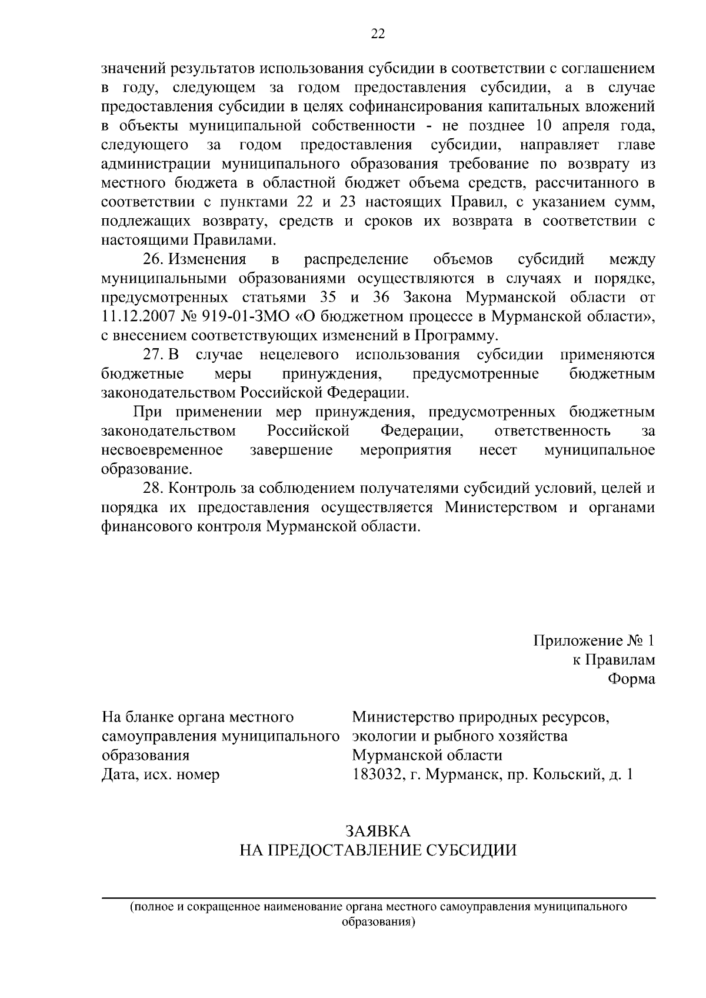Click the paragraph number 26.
pyautogui.click(x=154, y=259)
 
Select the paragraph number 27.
pyautogui.click(x=154, y=355)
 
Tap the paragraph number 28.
pyautogui.click(x=154, y=488)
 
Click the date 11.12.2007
pyautogui.click(x=135, y=317)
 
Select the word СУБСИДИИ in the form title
pyautogui.click(x=472, y=850)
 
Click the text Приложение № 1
pyautogui.click(x=594, y=640)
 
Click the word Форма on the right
pyautogui.click(x=631, y=679)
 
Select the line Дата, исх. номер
pyautogui.click(x=161, y=775)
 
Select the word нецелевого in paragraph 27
pyautogui.click(x=299, y=355)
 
